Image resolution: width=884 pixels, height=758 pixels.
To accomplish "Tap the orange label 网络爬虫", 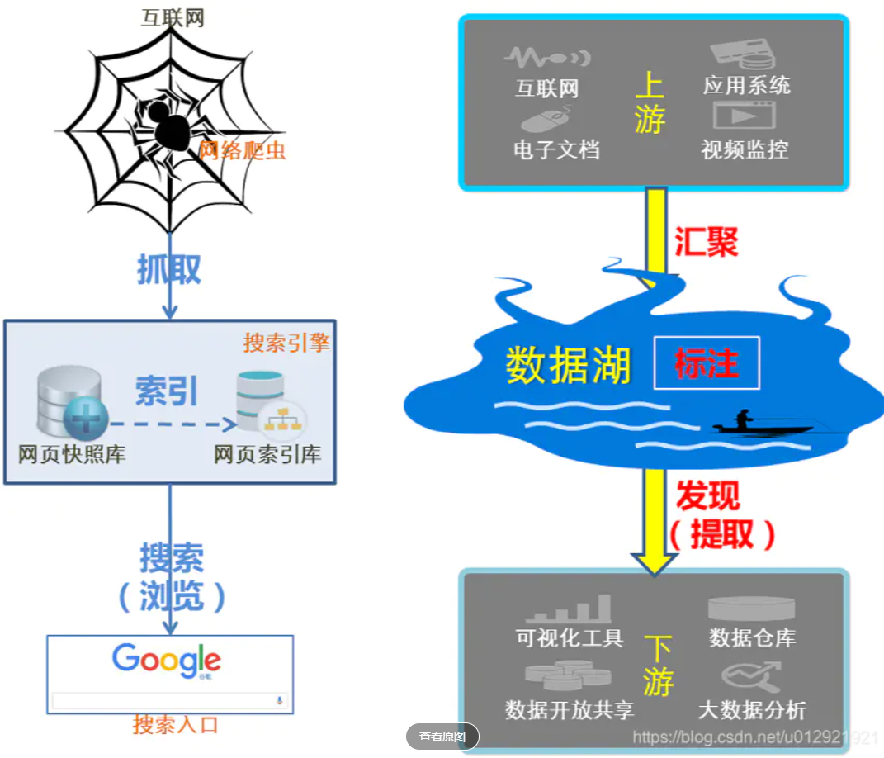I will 242,150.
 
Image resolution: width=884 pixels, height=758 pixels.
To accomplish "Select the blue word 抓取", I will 169,268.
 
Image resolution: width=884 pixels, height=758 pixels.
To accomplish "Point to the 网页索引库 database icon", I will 264,405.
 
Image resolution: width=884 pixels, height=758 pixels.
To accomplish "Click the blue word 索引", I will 167,392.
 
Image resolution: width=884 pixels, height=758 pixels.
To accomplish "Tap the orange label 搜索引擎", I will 286,343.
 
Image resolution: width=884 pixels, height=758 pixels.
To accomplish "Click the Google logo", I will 167,661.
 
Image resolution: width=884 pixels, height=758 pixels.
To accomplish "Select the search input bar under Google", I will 168,701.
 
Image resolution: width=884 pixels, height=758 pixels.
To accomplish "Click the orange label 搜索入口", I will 176,726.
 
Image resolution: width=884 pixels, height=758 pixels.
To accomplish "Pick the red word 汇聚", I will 706,242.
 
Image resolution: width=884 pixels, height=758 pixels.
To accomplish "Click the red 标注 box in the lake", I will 706,363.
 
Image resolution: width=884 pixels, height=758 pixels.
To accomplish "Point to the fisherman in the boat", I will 743,421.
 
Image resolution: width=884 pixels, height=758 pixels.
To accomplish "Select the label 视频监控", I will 745,149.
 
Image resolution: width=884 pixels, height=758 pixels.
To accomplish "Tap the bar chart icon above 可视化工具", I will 569,609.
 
